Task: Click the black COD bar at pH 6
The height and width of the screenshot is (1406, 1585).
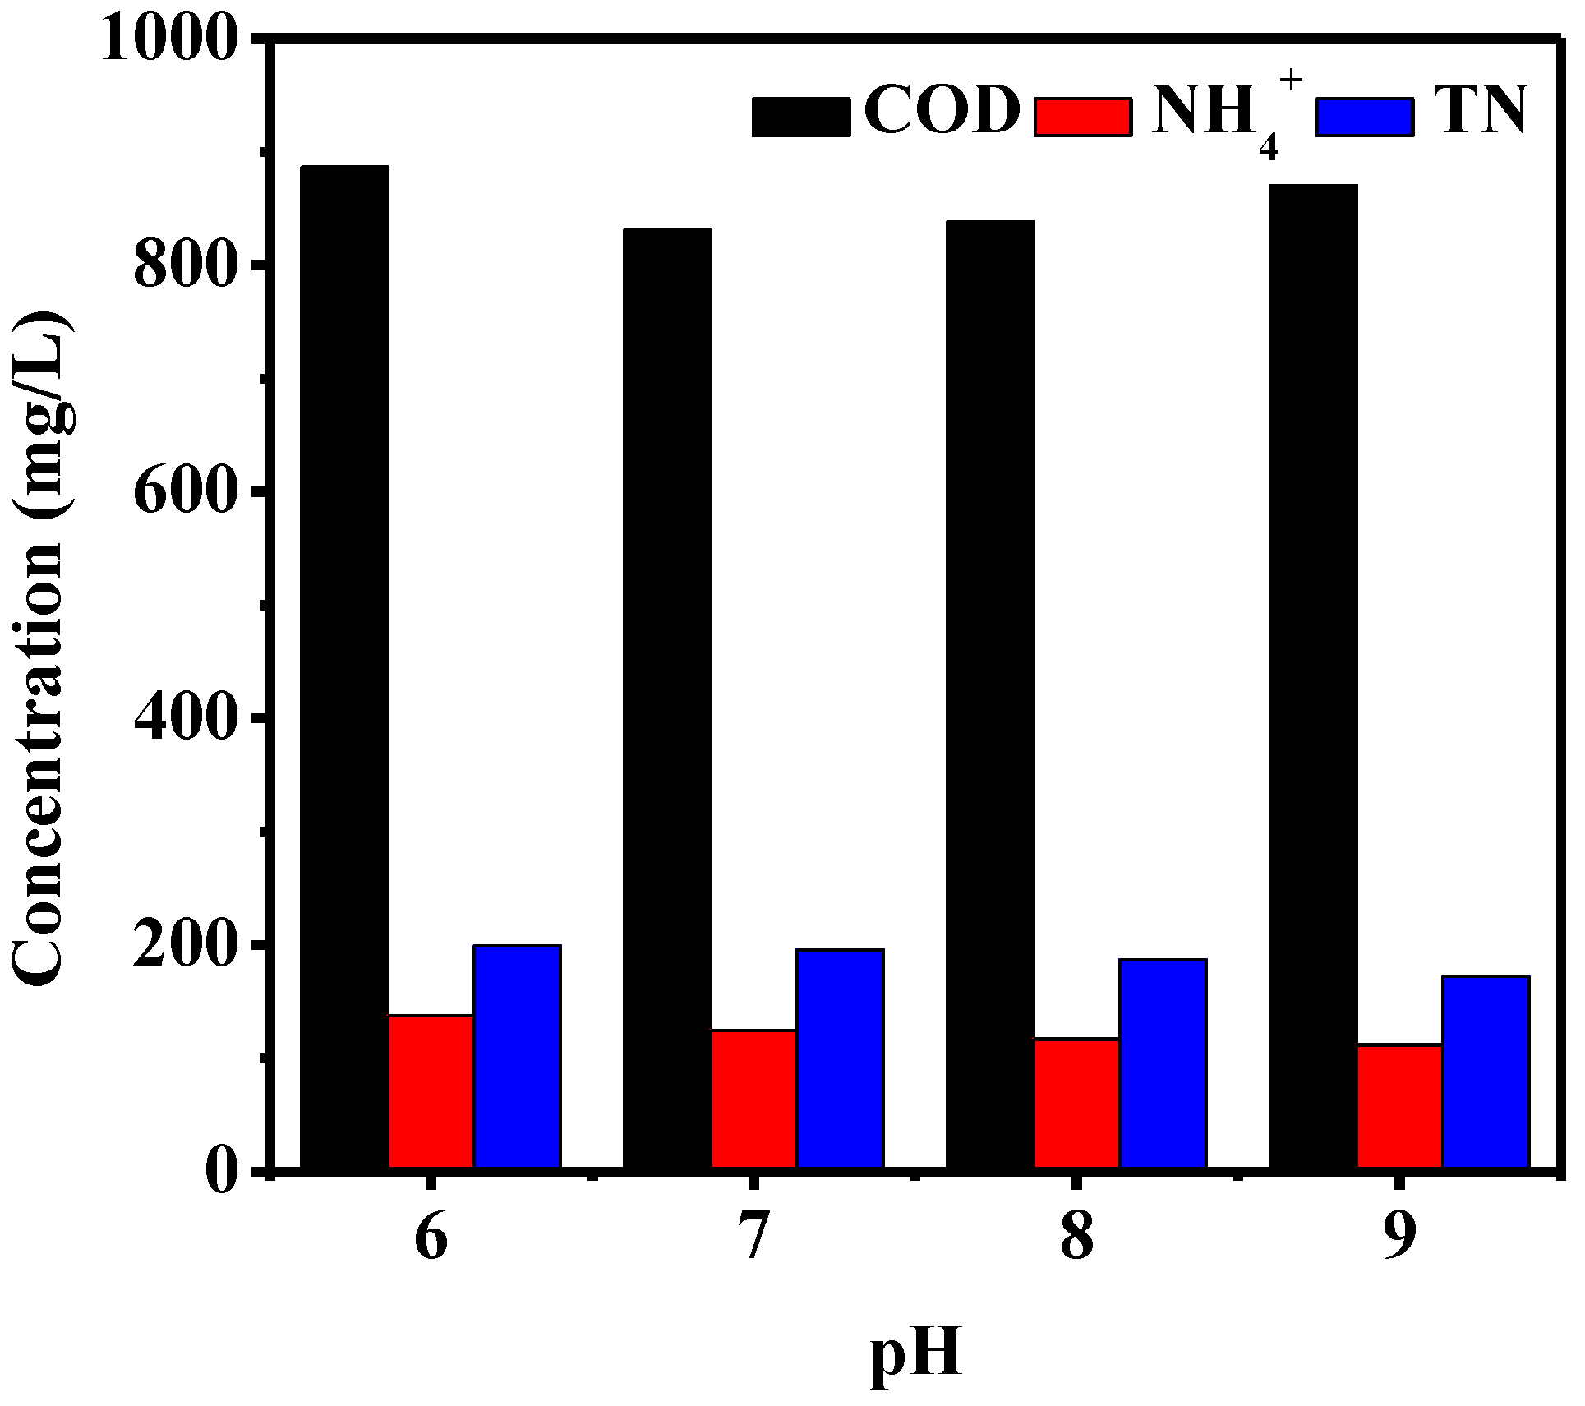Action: (344, 666)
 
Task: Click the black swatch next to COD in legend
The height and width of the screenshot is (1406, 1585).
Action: (801, 116)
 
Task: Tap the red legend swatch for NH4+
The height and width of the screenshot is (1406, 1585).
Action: (1083, 116)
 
